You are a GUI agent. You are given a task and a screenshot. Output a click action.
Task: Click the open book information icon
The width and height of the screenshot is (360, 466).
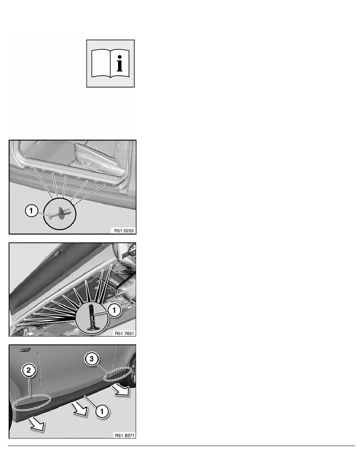(110, 63)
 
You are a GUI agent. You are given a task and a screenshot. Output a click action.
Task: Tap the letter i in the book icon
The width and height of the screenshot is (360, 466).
(119, 63)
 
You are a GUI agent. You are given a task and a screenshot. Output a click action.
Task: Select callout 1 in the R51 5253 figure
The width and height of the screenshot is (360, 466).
(31, 211)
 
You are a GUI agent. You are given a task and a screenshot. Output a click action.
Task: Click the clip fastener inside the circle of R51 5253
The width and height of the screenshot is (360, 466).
(60, 214)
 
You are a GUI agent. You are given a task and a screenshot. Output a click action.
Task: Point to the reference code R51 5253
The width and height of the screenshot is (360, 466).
(124, 231)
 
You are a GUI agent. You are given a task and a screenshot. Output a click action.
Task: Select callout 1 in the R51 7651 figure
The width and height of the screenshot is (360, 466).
(114, 310)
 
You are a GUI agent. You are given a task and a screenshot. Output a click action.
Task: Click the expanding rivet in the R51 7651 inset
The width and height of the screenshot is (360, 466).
(93, 316)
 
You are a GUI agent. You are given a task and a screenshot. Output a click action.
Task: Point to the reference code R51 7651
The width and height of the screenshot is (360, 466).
(124, 333)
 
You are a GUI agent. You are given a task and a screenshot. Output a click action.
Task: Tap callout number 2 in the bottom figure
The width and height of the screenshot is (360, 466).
(29, 370)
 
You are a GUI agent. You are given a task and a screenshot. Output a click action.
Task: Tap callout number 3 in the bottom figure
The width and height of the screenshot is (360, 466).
(91, 359)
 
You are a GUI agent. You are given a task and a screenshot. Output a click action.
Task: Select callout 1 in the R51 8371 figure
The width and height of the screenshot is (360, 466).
(102, 411)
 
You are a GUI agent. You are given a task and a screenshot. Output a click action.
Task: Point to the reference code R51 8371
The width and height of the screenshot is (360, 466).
(124, 435)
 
